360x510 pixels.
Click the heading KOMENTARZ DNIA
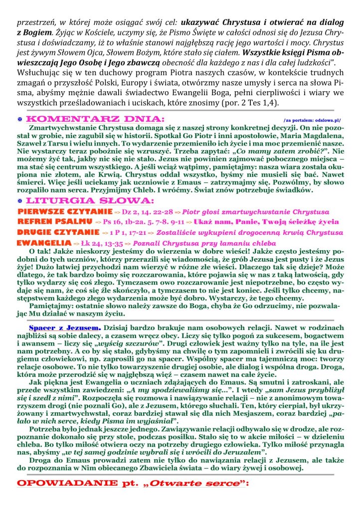click(95, 120)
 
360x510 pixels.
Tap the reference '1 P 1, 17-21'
click(128, 233)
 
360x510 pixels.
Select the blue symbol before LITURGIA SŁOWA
click(19, 200)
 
